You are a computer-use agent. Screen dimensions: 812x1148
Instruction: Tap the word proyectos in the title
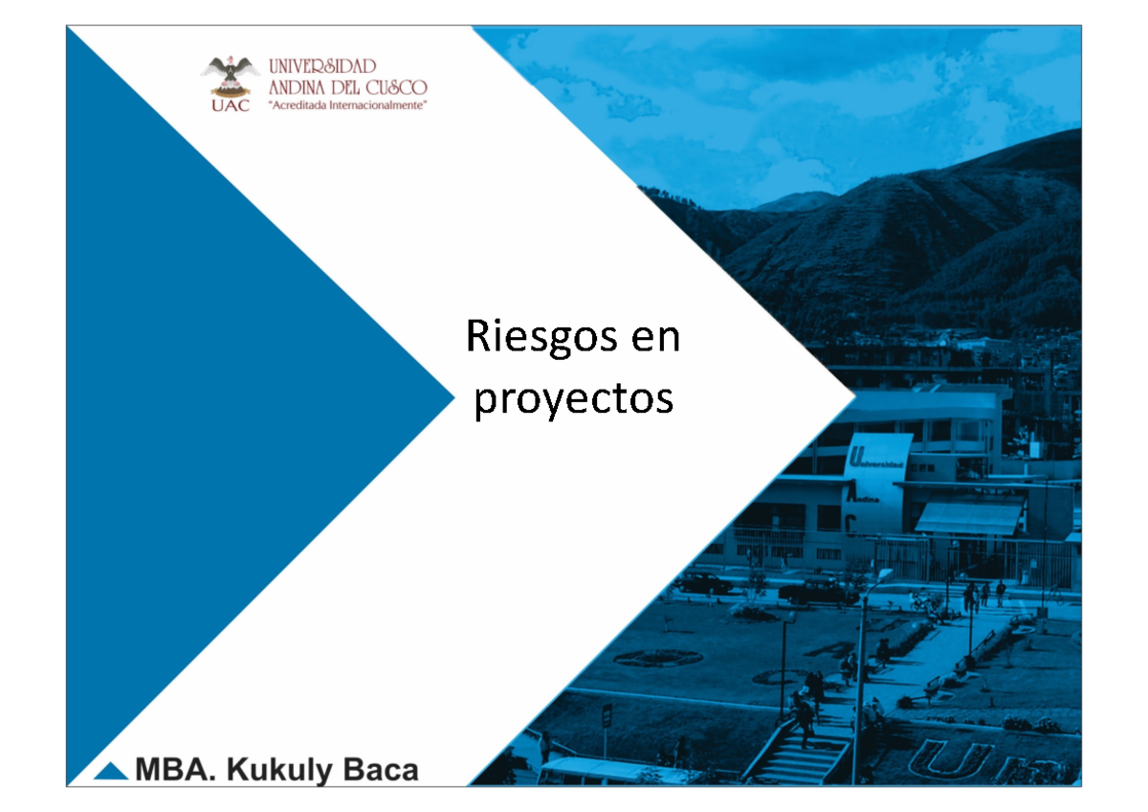coord(574,398)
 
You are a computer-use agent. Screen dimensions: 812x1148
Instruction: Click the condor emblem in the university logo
coord(230,76)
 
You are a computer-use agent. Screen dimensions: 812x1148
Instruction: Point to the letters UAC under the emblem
coord(230,105)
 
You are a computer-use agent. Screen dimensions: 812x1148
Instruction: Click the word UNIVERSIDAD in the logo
coord(321,67)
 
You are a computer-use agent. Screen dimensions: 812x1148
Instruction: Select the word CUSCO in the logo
coord(393,86)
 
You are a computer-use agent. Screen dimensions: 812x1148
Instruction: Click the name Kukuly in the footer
coord(287,770)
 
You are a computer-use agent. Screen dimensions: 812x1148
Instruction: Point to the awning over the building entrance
coord(968,518)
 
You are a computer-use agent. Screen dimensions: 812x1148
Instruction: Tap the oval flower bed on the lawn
coord(657,658)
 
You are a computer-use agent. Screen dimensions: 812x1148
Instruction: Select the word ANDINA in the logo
coord(299,86)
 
